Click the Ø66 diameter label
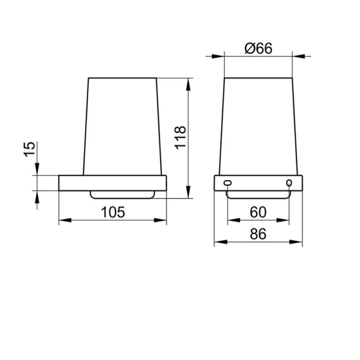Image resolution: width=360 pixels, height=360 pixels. tap(258, 48)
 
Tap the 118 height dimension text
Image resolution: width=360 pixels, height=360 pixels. tap(181, 137)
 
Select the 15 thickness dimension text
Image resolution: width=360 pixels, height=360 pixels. tap(30, 149)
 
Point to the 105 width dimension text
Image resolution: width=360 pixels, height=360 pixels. tap(113, 212)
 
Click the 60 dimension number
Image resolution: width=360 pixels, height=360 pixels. tap(258, 212)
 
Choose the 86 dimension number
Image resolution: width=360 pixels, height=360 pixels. tap(258, 234)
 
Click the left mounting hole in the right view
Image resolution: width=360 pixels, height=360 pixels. tap(227, 183)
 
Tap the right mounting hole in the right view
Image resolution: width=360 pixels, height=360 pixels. tap(289, 183)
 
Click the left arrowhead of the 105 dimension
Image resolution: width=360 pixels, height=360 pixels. tap(65, 220)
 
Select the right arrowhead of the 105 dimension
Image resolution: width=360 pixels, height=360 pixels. tap(160, 220)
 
